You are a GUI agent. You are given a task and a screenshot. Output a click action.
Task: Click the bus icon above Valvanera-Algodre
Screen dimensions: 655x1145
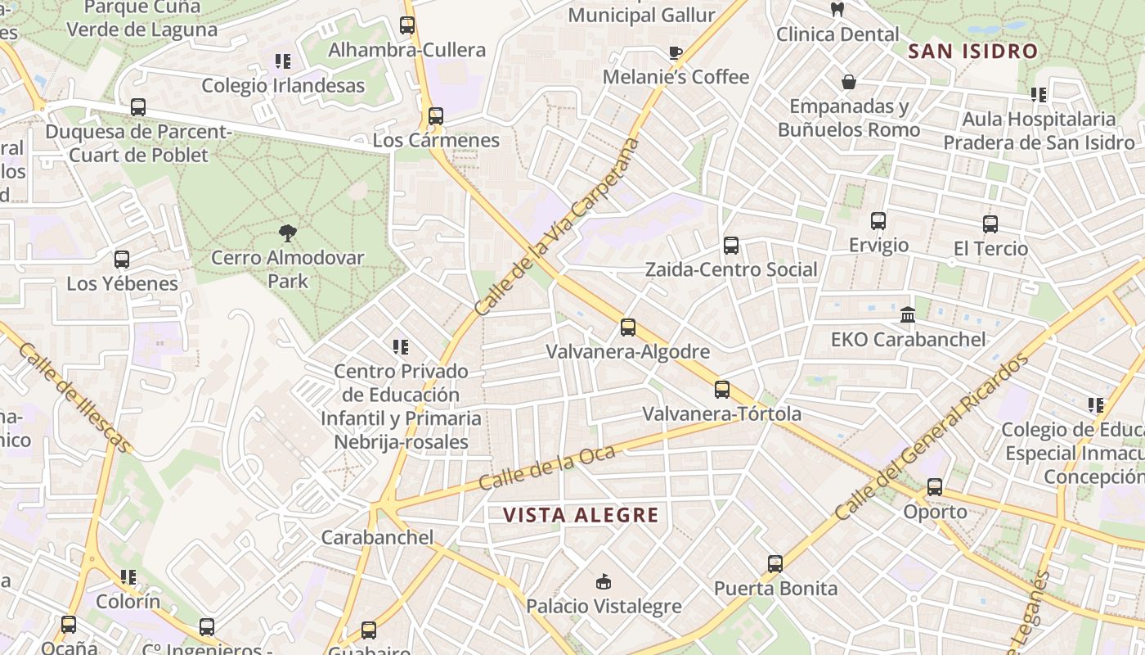pos(627,327)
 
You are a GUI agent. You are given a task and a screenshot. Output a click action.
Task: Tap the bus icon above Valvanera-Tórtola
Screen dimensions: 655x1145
pos(721,390)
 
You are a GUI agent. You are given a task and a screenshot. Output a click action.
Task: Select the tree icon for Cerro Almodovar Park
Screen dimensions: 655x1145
pos(287,233)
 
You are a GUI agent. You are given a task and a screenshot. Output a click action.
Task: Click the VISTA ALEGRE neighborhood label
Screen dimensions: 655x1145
pos(580,515)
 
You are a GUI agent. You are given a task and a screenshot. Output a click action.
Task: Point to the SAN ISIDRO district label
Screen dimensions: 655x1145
pos(973,52)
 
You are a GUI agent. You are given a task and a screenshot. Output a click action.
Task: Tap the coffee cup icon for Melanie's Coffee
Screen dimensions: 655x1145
pos(675,53)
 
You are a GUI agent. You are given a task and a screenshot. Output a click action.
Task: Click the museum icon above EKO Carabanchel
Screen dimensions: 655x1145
pos(907,314)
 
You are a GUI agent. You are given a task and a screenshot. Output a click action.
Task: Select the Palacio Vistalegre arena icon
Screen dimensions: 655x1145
pos(604,582)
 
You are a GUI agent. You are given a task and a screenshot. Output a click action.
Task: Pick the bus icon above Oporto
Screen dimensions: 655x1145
pos(935,487)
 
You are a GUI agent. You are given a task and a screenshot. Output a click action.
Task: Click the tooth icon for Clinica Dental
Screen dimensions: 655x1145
pos(837,10)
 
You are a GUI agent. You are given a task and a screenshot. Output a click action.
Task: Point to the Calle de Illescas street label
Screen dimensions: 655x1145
pos(74,397)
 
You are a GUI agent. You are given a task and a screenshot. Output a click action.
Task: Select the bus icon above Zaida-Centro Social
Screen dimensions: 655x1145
pos(730,246)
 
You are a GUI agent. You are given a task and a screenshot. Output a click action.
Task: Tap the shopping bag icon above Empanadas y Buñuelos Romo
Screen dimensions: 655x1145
pos(849,82)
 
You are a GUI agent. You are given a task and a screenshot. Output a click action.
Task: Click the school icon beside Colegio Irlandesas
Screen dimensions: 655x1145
pos(283,61)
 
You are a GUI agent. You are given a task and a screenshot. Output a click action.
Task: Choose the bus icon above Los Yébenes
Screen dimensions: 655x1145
pos(122,260)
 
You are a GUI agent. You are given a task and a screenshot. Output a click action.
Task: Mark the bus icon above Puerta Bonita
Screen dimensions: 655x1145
pos(775,564)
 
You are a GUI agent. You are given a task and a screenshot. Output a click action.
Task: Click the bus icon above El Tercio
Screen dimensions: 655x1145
pos(990,224)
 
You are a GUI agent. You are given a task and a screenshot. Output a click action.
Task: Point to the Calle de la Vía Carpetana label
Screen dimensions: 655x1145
pos(557,227)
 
